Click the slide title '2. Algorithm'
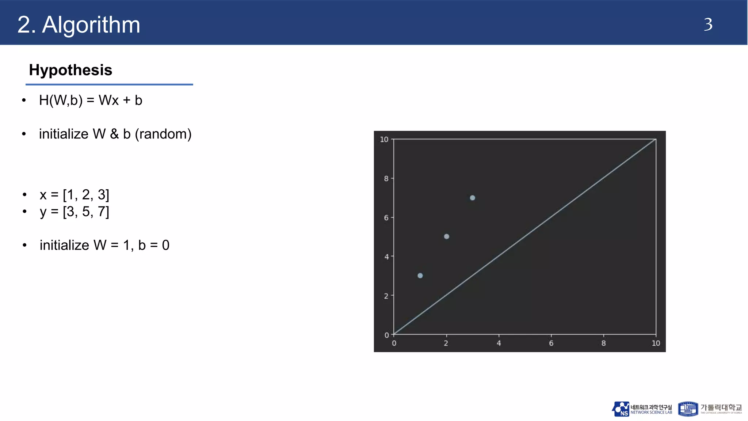point(79,25)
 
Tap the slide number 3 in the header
point(708,25)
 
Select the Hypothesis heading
point(70,70)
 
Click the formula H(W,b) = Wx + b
point(91,100)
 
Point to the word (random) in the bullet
point(163,134)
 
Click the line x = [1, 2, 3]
point(75,195)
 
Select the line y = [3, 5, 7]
point(75,212)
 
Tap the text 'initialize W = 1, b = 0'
point(104,245)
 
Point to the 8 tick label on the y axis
point(386,179)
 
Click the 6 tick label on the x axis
point(551,343)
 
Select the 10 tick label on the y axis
point(384,140)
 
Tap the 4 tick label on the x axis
point(499,343)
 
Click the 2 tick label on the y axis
point(386,296)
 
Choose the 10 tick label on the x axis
point(656,343)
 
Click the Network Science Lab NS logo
point(621,409)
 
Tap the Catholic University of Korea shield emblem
point(688,409)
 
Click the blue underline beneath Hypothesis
point(109,84)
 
